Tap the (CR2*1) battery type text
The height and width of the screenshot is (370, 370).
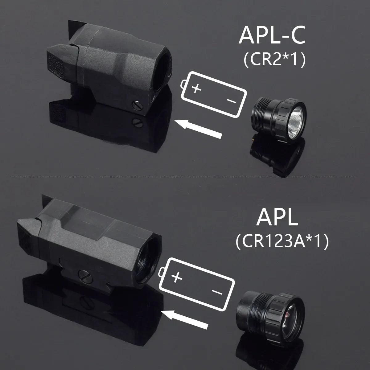(x=274, y=60)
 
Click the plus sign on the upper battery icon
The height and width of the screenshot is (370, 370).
(x=196, y=89)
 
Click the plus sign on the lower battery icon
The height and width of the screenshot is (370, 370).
(x=176, y=277)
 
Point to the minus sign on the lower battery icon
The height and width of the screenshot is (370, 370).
(x=217, y=292)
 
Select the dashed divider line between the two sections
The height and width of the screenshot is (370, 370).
(x=185, y=177)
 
